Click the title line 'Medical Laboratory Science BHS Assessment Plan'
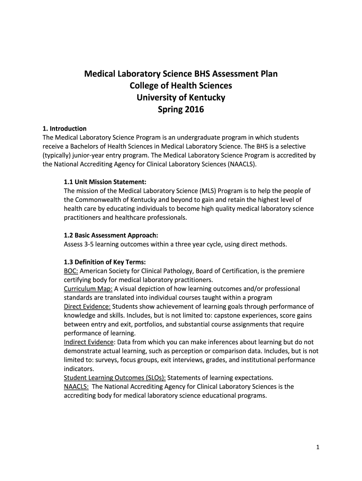[x=181, y=74]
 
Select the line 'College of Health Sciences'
[x=181, y=86]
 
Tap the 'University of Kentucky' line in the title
[x=181, y=98]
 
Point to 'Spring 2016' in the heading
[x=181, y=110]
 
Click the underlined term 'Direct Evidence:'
[x=87, y=306]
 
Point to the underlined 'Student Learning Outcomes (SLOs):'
[x=115, y=378]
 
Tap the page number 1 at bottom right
[x=318, y=447]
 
